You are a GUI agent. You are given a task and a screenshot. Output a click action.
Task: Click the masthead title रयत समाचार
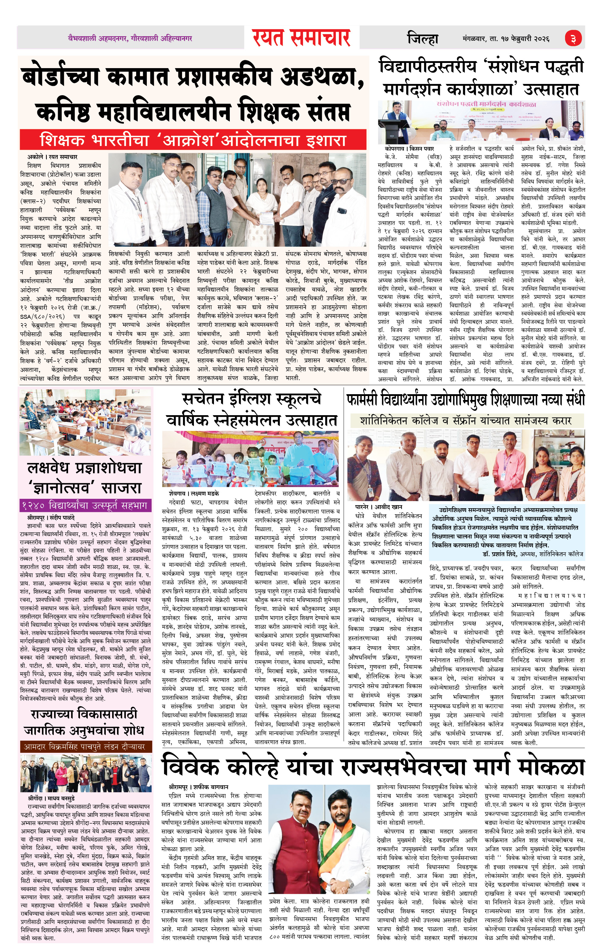pyautogui.click(x=301, y=38)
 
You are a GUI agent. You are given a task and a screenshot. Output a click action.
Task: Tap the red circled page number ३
pyautogui.click(x=573, y=38)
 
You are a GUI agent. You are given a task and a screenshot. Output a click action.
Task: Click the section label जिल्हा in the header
pyautogui.click(x=422, y=39)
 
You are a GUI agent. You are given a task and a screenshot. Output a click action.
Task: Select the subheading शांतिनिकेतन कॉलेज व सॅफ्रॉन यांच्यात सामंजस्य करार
pyautogui.click(x=466, y=420)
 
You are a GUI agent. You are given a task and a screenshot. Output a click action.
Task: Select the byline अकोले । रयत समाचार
pyautogui.click(x=52, y=157)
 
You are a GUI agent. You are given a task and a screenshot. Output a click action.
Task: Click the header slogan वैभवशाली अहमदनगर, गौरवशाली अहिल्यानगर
pyautogui.click(x=130, y=38)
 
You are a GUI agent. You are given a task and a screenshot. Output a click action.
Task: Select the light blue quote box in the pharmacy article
pyautogui.click(x=507, y=532)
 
